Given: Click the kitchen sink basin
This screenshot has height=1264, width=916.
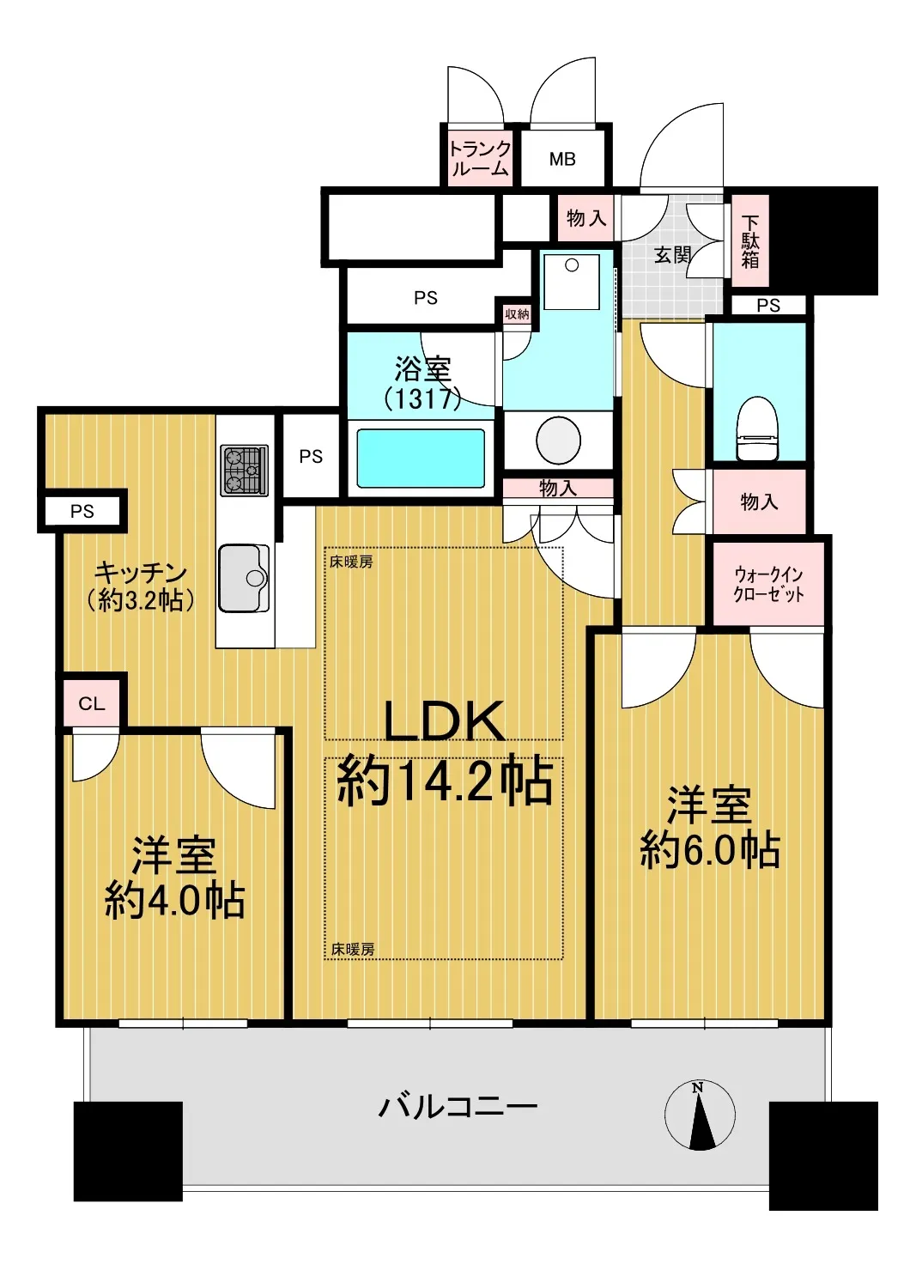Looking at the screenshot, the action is pyautogui.click(x=244, y=578).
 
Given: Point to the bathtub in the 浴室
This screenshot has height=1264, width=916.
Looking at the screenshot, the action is pyautogui.click(x=421, y=459).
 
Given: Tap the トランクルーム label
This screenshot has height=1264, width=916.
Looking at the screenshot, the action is pyautogui.click(x=479, y=158).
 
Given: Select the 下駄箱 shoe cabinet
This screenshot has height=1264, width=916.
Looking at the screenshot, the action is pyautogui.click(x=749, y=241).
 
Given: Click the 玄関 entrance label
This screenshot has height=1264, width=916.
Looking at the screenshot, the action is pyautogui.click(x=672, y=255).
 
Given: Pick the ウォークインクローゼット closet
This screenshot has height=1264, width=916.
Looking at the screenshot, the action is pyautogui.click(x=768, y=583).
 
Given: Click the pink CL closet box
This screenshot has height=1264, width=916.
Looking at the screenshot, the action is pyautogui.click(x=91, y=703).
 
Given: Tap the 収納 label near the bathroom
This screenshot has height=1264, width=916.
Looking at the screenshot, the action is pyautogui.click(x=517, y=313).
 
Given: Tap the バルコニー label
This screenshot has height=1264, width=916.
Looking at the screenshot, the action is pyautogui.click(x=457, y=1109).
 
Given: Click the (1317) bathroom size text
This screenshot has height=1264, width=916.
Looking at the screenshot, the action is pyautogui.click(x=422, y=399).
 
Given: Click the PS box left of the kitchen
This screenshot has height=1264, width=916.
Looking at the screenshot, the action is pyautogui.click(x=82, y=511).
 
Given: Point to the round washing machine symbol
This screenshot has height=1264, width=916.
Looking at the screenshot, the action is pyautogui.click(x=558, y=441).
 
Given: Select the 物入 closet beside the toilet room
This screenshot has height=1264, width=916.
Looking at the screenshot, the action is pyautogui.click(x=759, y=501).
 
